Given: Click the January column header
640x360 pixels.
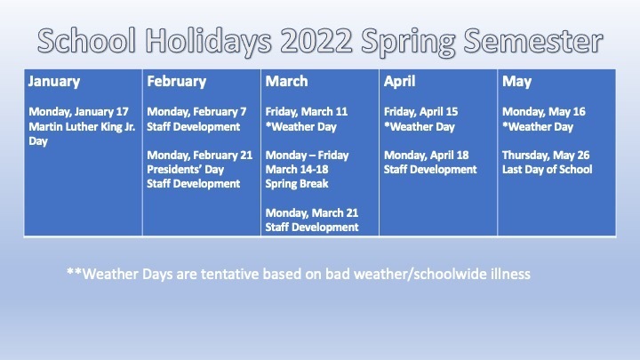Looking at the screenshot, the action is pos(54,82).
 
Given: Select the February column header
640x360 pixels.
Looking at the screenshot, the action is pos(177,82).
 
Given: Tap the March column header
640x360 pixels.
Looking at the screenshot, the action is pos(286,81).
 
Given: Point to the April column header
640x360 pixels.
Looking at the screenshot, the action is pos(400,82).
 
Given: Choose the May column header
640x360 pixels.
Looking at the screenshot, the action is pos(516,82).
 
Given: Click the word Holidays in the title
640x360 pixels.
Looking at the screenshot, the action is pos(209,42).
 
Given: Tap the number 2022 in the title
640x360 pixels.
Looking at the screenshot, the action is pos(316,41).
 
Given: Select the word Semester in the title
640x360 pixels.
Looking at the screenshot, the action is pos(533,41).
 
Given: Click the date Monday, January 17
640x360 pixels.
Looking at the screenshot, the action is pos(79,112).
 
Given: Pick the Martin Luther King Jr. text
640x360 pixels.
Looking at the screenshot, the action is pos(82,126).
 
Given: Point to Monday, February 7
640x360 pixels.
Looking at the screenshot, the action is pos(196,112).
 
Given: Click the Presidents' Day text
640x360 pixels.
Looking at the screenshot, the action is pos(185,170).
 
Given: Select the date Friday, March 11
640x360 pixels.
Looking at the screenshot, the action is pos(307,112).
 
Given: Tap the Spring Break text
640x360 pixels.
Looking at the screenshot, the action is pos(297,184).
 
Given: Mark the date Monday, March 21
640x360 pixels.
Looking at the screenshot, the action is pos(312,213).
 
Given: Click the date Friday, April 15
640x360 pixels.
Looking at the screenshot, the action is pos(420,112).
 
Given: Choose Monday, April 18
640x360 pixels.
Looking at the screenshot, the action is pos(426,156).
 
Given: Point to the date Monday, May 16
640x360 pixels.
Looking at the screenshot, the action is pos(544,112).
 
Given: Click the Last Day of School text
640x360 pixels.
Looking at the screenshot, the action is pos(547,170).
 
